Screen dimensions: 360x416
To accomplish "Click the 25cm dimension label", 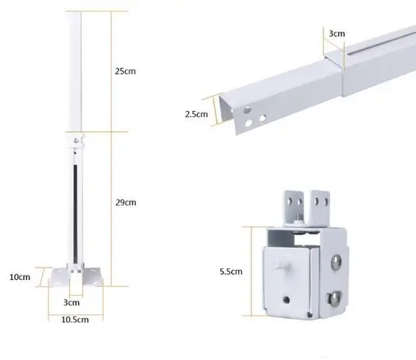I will pos(126,71).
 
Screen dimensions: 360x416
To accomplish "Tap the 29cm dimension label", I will pos(126,202).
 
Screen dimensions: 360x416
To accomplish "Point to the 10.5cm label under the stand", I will pos(74,319).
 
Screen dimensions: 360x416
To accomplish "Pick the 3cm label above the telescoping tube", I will pos(336,34).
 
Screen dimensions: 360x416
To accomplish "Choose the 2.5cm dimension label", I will pos(196,113).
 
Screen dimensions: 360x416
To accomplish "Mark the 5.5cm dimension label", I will pos(230,272).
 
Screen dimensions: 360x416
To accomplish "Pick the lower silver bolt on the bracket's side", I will pos(335,297).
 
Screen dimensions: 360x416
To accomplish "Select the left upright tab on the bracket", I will pos(292,203).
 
